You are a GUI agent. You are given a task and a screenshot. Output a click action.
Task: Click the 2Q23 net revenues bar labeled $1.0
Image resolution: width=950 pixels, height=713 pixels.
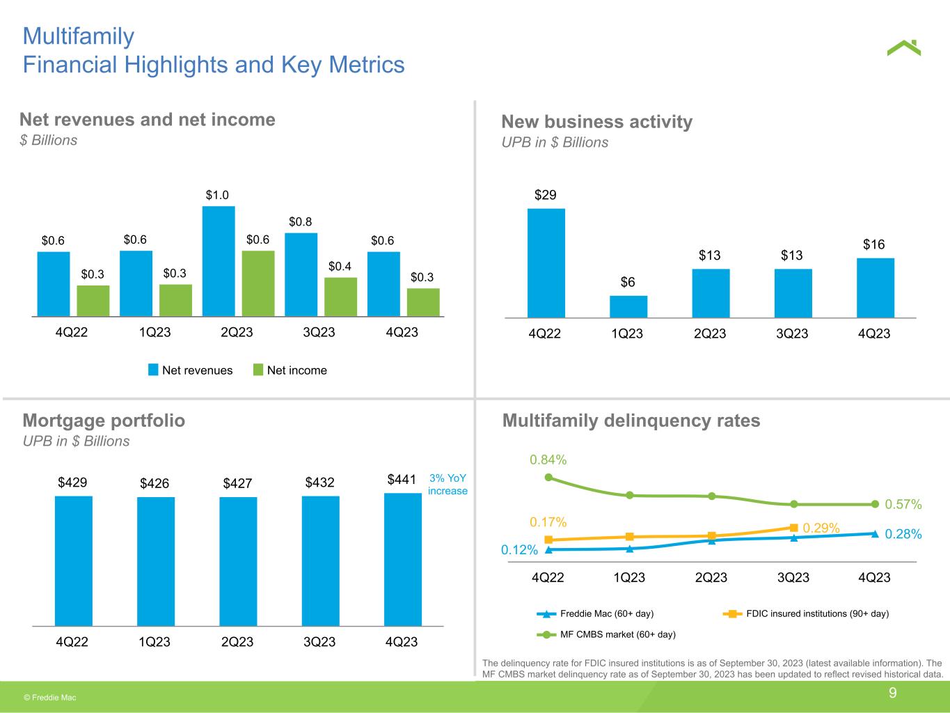click(219, 261)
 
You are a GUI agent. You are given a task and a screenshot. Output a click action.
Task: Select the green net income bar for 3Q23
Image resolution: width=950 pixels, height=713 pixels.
click(341, 297)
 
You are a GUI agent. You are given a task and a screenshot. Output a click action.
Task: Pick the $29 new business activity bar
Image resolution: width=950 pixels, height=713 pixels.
click(546, 263)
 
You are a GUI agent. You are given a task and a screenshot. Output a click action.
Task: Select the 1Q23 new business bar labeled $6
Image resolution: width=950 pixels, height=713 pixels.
click(628, 306)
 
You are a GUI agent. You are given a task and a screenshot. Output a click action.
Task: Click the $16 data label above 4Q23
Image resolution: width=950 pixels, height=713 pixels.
click(874, 244)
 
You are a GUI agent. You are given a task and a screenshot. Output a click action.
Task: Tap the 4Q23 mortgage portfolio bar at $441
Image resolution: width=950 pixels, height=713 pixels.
click(403, 559)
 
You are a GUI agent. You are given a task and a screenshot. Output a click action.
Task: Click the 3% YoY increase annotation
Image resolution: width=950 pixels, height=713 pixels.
click(448, 485)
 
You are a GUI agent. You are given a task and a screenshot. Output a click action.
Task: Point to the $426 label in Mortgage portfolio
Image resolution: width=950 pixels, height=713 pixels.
click(155, 483)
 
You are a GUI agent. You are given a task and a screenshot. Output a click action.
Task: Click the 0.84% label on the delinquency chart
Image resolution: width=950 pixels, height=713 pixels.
click(548, 460)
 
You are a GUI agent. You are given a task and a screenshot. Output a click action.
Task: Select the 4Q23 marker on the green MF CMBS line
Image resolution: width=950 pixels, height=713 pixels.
click(875, 504)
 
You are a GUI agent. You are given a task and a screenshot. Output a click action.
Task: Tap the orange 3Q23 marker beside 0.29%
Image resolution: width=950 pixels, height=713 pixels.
click(793, 528)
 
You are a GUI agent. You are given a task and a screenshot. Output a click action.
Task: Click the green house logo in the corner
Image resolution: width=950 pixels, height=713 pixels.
click(904, 48)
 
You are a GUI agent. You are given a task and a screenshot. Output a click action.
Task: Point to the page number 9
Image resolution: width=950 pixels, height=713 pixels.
click(892, 693)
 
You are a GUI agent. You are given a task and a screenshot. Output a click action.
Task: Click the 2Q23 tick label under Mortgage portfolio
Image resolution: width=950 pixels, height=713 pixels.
click(237, 642)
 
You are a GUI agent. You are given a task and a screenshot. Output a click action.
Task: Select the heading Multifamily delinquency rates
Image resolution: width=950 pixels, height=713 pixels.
click(631, 421)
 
